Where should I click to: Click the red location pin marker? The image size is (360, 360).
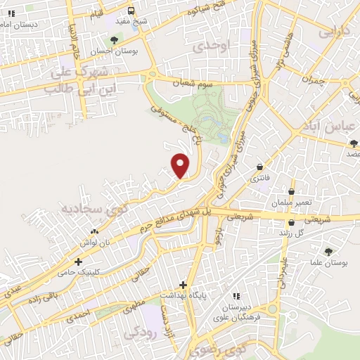(181, 165)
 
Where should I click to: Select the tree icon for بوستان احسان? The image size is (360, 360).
(114, 40)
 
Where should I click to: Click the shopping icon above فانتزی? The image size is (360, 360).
(261, 167)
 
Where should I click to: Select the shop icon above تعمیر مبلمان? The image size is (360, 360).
(292, 191)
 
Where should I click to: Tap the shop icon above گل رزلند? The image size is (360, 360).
(289, 221)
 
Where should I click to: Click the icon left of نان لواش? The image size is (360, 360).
(94, 231)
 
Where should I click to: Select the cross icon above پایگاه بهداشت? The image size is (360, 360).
(183, 285)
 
